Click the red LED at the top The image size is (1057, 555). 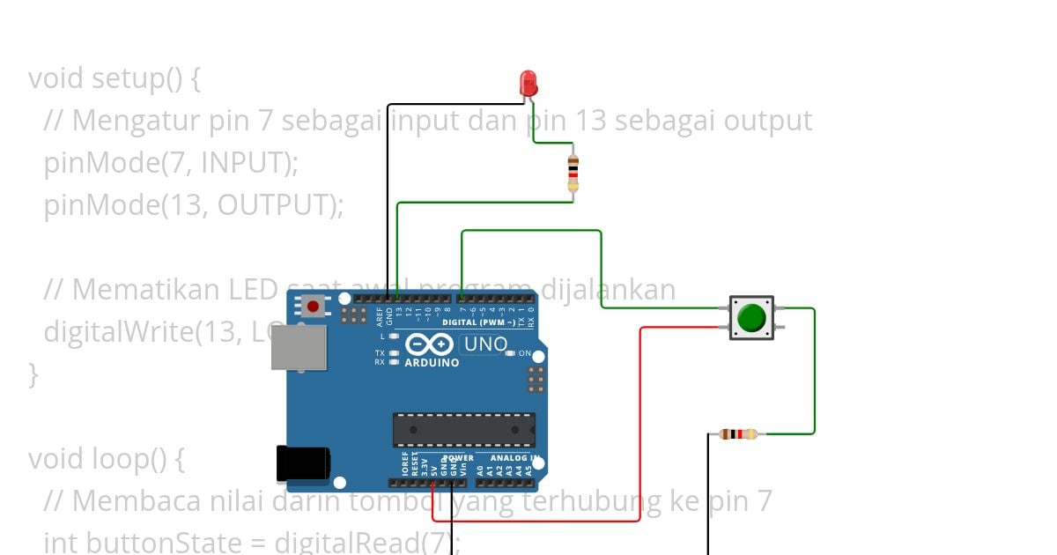(x=528, y=83)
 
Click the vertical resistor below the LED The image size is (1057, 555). (x=573, y=173)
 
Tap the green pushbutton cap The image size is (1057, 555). (x=751, y=318)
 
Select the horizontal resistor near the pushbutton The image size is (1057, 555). (x=738, y=433)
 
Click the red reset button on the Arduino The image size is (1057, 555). (x=313, y=307)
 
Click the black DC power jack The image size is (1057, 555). (x=302, y=463)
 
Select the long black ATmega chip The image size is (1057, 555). (x=463, y=429)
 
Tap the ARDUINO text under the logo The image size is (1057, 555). (x=432, y=362)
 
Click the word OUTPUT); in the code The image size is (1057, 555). (x=280, y=205)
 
